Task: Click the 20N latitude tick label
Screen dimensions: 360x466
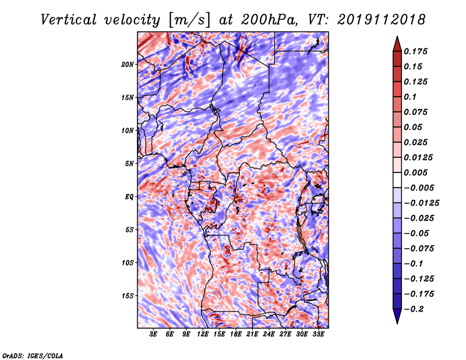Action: [x=128, y=64]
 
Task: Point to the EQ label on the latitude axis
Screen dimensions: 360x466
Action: [x=129, y=197]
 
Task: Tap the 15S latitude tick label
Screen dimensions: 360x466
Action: [x=128, y=296]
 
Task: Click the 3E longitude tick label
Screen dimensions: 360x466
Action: [x=154, y=335]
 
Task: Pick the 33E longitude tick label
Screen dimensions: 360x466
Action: [x=318, y=335]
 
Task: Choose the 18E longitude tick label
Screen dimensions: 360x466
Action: [x=236, y=335]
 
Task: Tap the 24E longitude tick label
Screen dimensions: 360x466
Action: [x=269, y=335]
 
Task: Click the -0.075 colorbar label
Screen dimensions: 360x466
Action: [x=418, y=248]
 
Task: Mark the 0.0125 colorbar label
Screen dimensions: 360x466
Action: [x=418, y=157]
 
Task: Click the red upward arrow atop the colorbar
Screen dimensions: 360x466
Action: [x=396, y=43]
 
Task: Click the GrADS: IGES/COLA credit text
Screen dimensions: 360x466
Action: [x=32, y=355]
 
